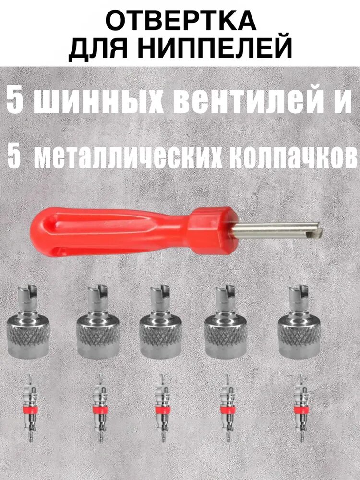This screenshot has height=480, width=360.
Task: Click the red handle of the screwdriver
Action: tap(120, 228)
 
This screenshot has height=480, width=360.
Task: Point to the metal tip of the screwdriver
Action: tap(278, 231)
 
